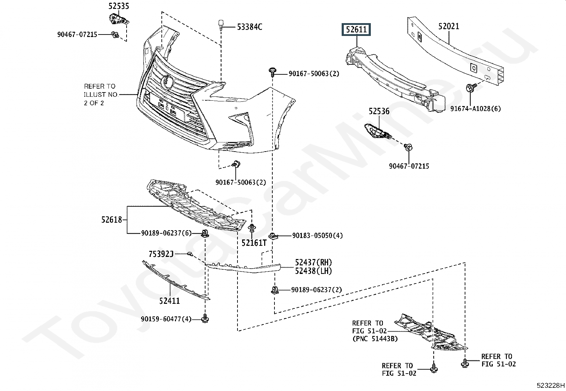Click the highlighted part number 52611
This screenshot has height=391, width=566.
pos(356,30)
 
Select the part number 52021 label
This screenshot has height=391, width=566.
pos(448,26)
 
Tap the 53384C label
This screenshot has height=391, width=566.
pos(250,27)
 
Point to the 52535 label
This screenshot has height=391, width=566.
pos(119,6)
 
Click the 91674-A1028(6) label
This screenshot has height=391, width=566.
pos(475,109)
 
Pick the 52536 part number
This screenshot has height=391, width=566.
pos(379,111)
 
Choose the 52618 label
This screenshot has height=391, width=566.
pos(112,220)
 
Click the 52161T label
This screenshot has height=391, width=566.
pos(254,243)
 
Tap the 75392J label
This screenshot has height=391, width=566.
pos(161,254)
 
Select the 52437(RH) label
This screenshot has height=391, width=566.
pos(313,263)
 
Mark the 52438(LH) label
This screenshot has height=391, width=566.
pos(313,271)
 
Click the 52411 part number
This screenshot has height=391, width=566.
pos(170,301)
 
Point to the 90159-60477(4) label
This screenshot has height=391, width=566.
pos(166,319)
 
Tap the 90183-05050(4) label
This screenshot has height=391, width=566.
pos(317,236)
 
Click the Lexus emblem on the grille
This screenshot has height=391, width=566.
pos(167,82)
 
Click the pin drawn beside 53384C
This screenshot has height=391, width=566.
pos(221,25)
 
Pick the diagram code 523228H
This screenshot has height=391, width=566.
pos(550,385)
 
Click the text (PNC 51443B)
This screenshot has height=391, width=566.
pos(375,339)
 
